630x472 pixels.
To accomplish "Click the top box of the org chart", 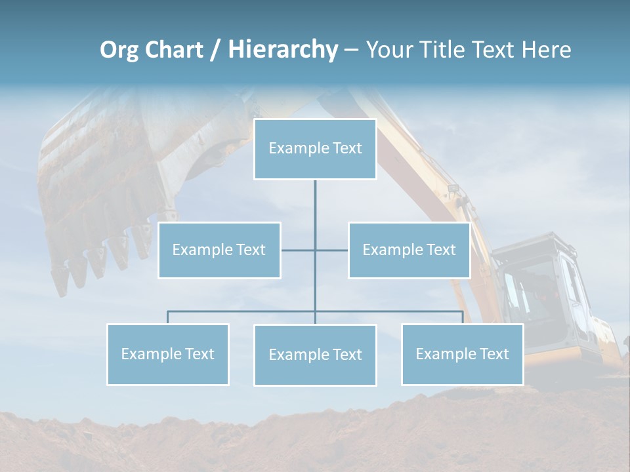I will click(315, 149).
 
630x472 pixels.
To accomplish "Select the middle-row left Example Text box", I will click(219, 250).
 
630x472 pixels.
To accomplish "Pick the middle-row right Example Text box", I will click(409, 250).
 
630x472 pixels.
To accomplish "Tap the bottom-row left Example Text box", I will click(168, 354).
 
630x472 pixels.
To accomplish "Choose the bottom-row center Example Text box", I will click(315, 355).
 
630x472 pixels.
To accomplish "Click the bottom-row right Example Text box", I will click(462, 354).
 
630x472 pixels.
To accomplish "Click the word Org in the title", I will click(119, 50).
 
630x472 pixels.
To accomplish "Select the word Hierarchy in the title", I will click(282, 50).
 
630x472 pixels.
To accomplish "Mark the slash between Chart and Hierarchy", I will click(215, 50).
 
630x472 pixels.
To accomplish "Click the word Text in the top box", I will click(346, 149).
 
